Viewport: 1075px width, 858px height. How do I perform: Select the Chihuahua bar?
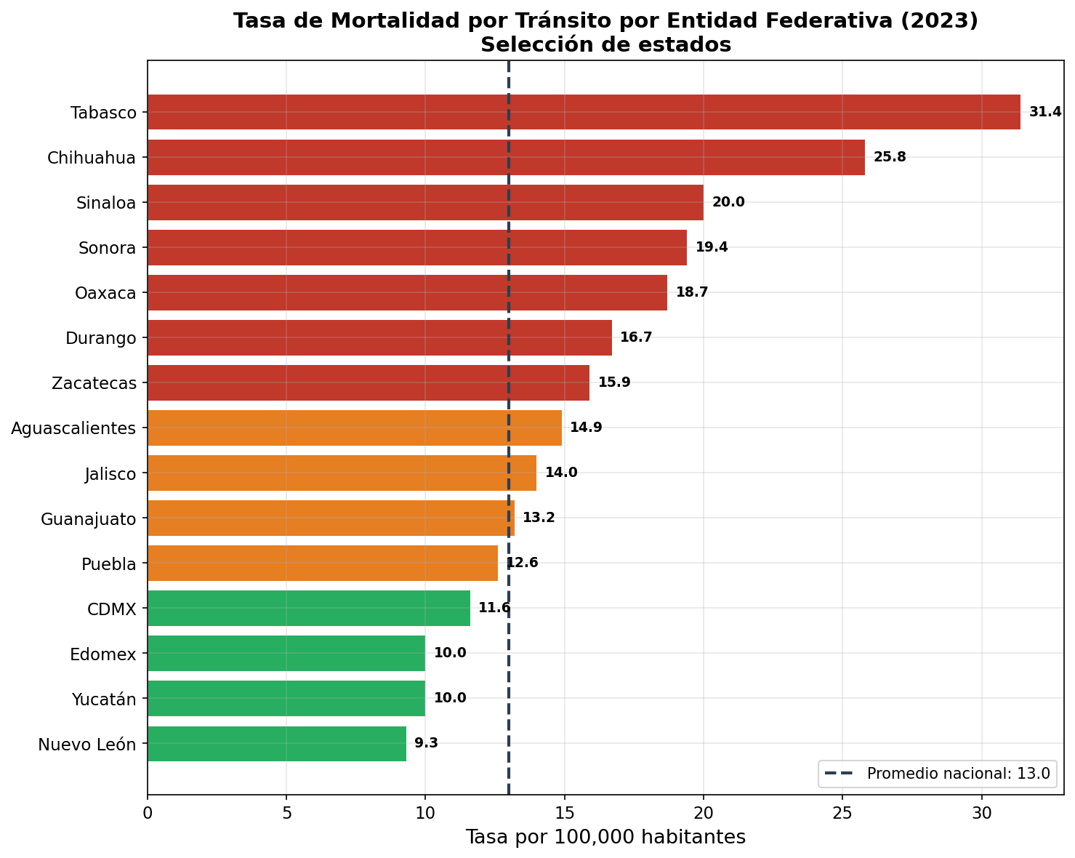[506, 157]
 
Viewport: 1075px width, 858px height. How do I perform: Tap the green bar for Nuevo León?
[277, 743]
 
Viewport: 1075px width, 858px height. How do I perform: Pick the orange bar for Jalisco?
[342, 473]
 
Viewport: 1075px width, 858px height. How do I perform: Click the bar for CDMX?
[309, 608]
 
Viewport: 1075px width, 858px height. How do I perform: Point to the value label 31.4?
[1045, 112]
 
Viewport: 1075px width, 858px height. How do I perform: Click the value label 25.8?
[890, 157]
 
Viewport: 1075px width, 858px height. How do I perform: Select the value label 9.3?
[426, 743]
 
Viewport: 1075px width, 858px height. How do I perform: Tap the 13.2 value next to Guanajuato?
[539, 518]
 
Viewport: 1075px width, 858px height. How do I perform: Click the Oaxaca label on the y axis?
[105, 293]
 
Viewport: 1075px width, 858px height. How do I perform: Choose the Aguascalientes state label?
[73, 428]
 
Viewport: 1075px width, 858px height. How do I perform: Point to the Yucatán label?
[104, 699]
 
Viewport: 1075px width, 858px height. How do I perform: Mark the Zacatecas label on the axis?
[94, 383]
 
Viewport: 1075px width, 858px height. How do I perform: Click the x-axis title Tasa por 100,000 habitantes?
[605, 837]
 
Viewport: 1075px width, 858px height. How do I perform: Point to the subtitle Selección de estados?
[605, 45]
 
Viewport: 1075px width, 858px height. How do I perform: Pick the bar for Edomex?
[286, 653]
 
